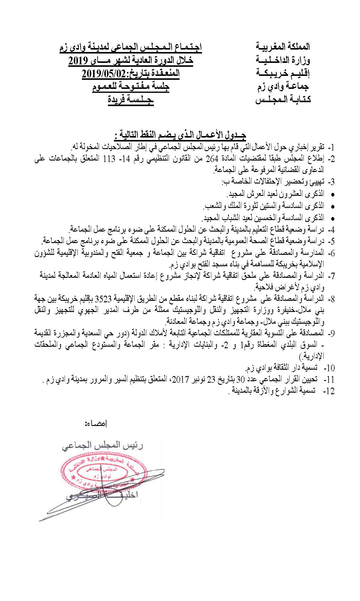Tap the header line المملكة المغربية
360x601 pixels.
(x=283, y=47)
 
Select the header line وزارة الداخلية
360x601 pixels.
(x=283, y=60)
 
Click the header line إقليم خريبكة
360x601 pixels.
(x=283, y=73)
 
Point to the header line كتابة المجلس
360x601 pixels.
(x=283, y=100)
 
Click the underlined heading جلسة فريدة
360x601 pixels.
(x=131, y=100)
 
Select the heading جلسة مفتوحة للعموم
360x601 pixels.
(x=131, y=87)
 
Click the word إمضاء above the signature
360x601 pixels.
(x=96, y=423)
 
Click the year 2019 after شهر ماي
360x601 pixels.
(x=78, y=60)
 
